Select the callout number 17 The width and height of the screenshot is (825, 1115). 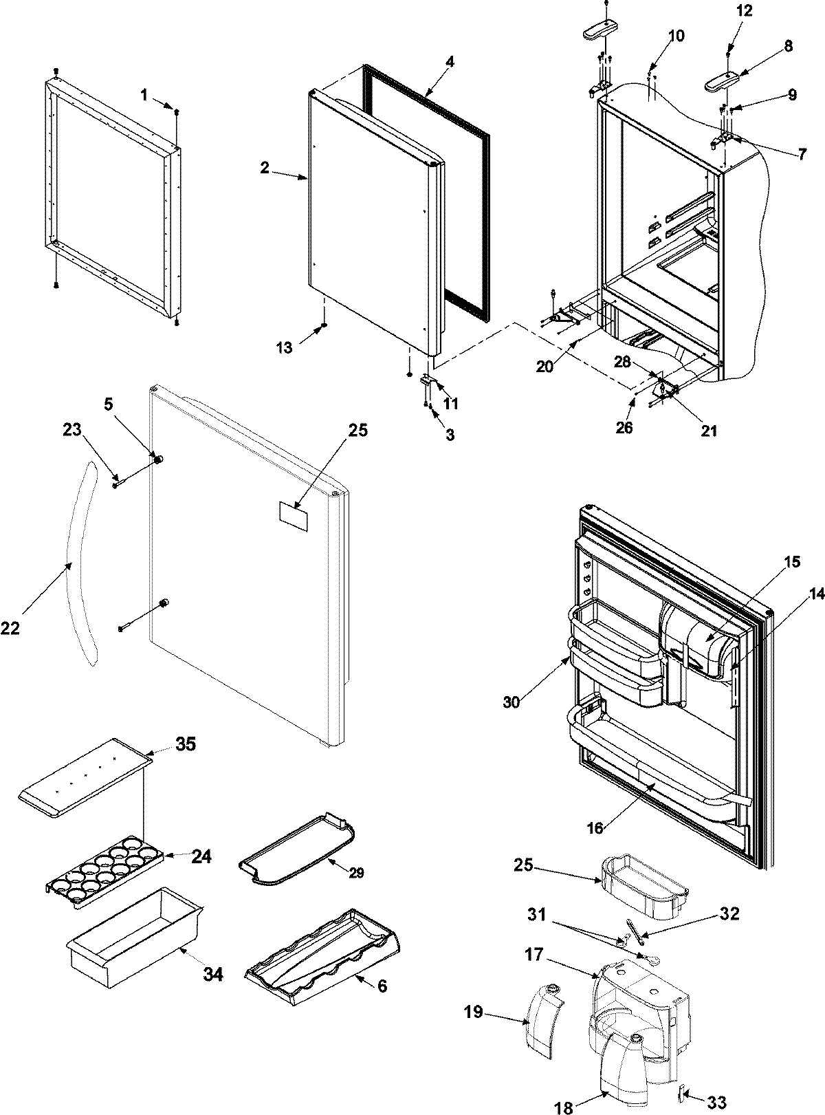tap(553, 955)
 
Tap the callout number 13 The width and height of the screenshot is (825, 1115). tap(284, 348)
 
